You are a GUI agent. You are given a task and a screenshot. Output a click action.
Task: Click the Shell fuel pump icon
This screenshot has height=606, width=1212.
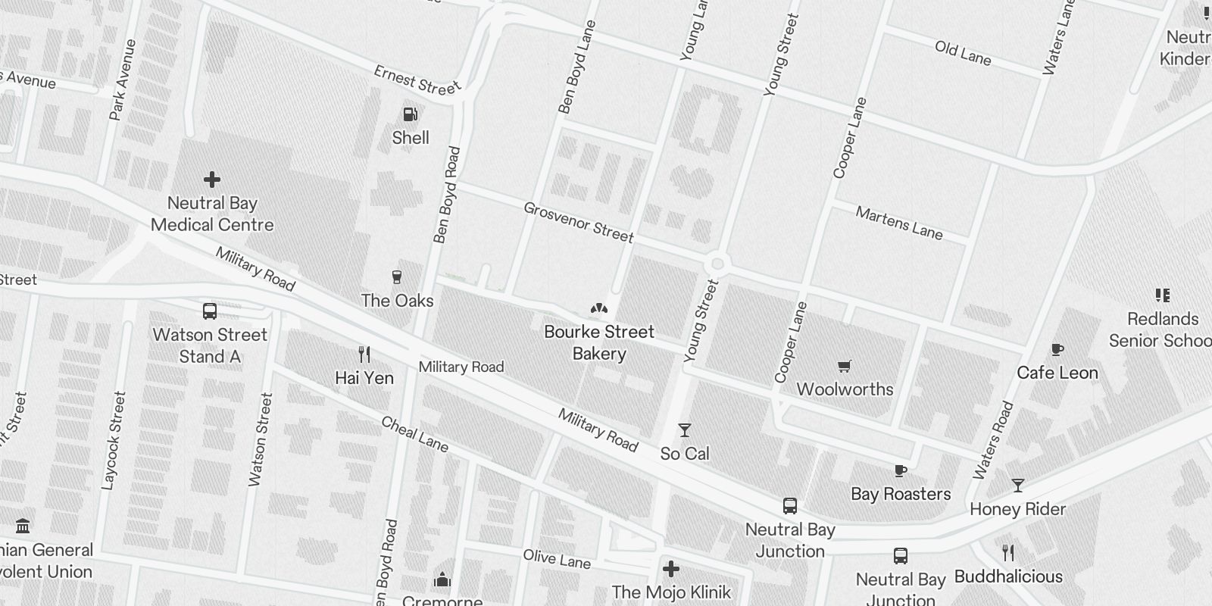410,114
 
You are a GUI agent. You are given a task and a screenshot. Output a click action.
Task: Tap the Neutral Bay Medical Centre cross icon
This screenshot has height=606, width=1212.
212,180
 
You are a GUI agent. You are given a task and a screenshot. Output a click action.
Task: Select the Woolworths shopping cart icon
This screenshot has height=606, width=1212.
845,367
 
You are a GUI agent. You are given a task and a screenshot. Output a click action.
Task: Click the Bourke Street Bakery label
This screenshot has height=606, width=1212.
599,342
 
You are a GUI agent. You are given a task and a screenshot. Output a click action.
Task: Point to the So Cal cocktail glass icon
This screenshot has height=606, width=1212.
685,430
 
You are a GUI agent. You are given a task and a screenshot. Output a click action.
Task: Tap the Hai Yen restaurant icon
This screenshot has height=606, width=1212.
364,354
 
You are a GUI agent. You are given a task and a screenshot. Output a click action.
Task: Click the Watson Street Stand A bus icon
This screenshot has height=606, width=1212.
210,311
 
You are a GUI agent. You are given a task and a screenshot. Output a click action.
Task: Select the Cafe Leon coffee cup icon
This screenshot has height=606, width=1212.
1057,349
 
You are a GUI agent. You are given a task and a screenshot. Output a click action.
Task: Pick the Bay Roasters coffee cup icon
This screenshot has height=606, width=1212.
901,470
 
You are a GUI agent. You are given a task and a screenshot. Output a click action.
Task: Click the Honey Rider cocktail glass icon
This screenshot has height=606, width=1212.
1018,486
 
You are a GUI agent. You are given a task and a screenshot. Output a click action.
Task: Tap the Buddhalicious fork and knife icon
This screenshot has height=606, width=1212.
1008,552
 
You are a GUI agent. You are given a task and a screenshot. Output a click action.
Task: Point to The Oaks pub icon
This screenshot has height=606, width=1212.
396,277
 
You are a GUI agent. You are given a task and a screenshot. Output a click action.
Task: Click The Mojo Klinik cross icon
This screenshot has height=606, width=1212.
671,569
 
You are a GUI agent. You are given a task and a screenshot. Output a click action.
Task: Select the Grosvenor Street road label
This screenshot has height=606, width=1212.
579,223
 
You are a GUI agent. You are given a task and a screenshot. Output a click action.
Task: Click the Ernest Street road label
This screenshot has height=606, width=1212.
417,81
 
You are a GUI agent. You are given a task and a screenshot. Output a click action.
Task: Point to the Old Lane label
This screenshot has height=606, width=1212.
963,53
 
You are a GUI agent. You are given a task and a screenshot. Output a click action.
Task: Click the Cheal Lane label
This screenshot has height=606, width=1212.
414,434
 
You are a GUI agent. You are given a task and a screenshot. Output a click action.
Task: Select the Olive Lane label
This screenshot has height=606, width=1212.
557,559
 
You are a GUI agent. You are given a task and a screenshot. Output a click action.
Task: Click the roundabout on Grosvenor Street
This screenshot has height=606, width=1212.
717,264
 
